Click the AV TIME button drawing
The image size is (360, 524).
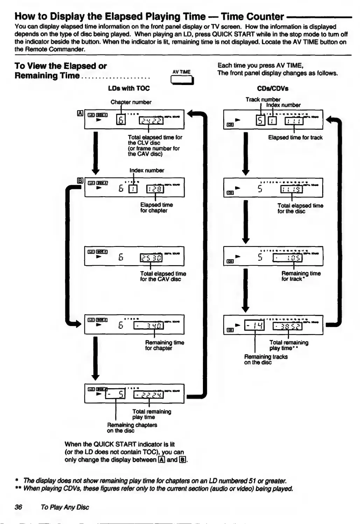(182, 80)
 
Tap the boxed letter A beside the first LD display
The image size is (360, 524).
(80, 113)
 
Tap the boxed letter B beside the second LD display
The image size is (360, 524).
(80, 181)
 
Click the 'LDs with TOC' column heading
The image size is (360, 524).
(129, 88)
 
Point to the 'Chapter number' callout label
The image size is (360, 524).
(131, 102)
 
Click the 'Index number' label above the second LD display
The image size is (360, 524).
(147, 170)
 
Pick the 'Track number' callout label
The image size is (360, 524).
(263, 99)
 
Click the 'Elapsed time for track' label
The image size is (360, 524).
(295, 137)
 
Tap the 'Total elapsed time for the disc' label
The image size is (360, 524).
(300, 208)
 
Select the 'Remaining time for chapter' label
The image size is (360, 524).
(164, 345)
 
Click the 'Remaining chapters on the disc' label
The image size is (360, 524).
(132, 427)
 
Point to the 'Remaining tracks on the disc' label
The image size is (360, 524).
(266, 359)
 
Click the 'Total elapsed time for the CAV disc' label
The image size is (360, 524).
(163, 276)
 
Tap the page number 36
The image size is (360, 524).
(19, 507)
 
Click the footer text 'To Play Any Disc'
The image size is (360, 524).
(65, 507)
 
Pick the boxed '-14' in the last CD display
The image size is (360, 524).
(254, 326)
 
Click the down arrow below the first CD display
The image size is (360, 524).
(246, 154)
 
